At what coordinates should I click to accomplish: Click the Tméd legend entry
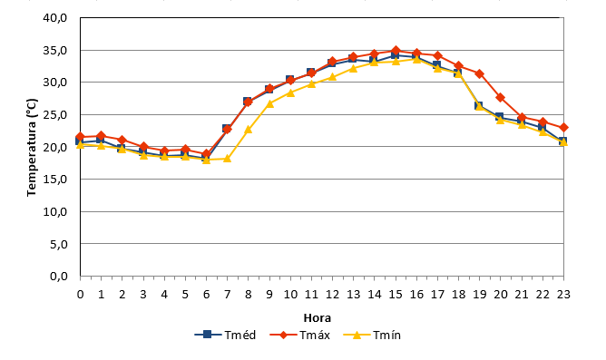pyautogui.click(x=225, y=335)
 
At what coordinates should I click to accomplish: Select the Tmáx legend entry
pyautogui.click(x=300, y=335)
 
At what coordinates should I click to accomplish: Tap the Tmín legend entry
pyautogui.click(x=372, y=335)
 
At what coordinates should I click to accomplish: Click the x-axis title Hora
pyautogui.click(x=318, y=318)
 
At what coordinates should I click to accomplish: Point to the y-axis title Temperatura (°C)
pyautogui.click(x=32, y=148)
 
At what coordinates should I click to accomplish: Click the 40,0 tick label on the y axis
pyautogui.click(x=55, y=18)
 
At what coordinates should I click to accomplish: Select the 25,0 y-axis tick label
pyautogui.click(x=55, y=115)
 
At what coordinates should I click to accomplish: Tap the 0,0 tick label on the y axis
pyautogui.click(x=58, y=277)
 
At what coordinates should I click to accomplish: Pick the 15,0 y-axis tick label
pyautogui.click(x=55, y=180)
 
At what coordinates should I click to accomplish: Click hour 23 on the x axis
pyautogui.click(x=563, y=295)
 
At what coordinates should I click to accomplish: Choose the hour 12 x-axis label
pyautogui.click(x=332, y=295)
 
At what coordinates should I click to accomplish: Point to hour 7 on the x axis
pyautogui.click(x=227, y=295)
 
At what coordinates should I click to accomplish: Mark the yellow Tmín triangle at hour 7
pyautogui.click(x=227, y=159)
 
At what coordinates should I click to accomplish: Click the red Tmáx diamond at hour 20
pyautogui.click(x=501, y=97)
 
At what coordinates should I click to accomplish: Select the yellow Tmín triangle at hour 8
pyautogui.click(x=249, y=130)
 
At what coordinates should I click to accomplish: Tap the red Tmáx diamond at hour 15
pyautogui.click(x=396, y=51)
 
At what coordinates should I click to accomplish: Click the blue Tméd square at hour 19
pyautogui.click(x=479, y=105)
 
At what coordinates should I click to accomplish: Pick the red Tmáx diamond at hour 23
pyautogui.click(x=563, y=128)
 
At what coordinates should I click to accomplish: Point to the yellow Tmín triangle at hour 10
pyautogui.click(x=290, y=92)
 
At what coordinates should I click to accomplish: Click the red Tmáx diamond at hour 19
pyautogui.click(x=480, y=73)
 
